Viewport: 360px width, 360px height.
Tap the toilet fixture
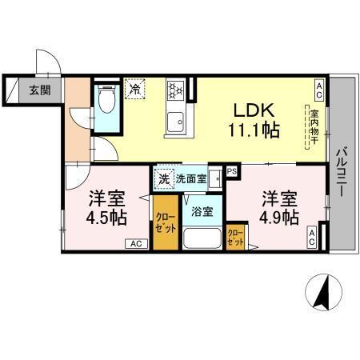(106, 101)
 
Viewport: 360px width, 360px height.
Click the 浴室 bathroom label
(202, 212)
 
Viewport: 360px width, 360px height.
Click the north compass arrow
(325, 292)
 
